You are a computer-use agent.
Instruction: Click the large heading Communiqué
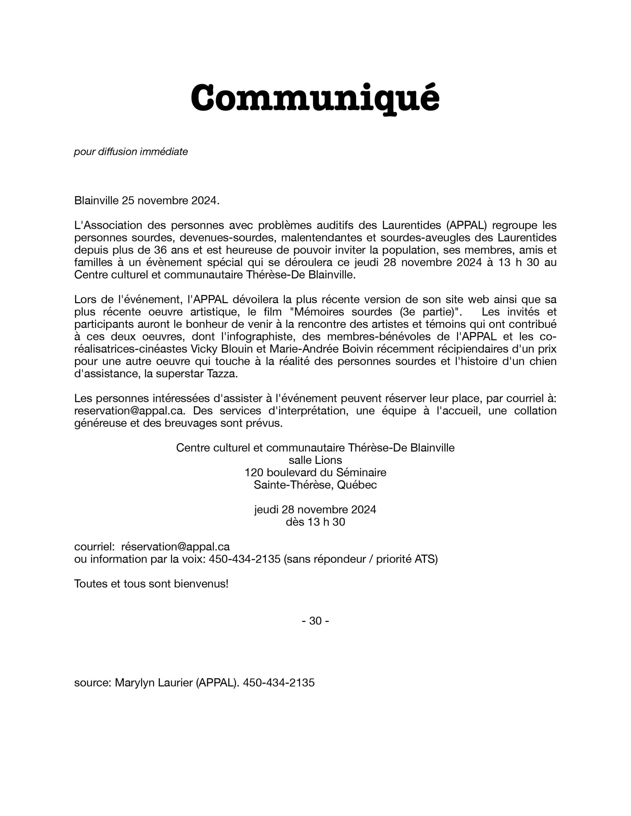315,98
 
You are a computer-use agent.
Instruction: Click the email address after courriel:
175,547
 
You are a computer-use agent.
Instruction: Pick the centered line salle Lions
315,460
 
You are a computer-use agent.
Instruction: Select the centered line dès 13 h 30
315,522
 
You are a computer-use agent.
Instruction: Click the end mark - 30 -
315,621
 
